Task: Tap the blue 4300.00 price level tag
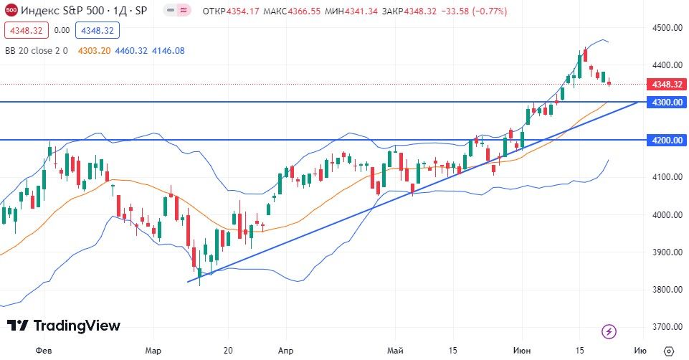667,103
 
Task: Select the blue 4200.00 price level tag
667,140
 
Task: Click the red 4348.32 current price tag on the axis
667,84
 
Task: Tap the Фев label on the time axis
44,351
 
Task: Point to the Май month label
395,351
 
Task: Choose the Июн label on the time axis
522,351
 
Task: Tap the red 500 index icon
11,11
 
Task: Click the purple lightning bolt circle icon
609,331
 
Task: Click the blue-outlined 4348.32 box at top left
99,30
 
